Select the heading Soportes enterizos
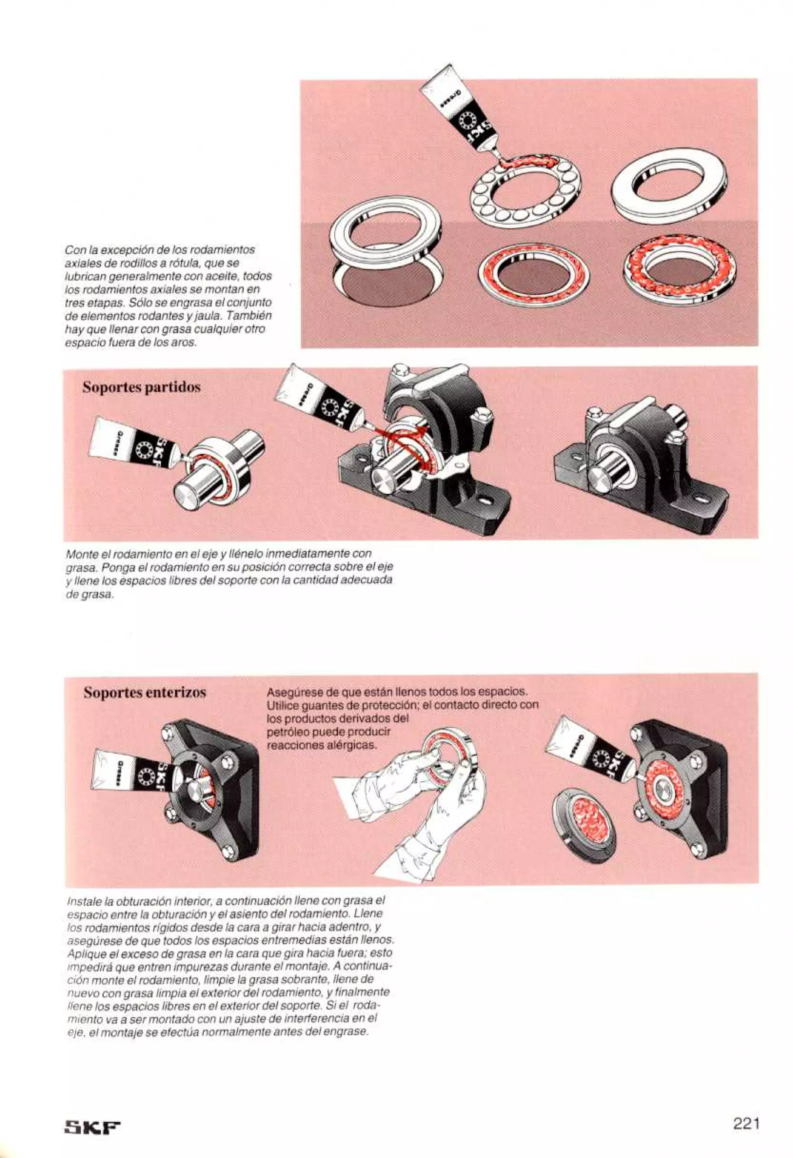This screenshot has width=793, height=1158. pos(144,693)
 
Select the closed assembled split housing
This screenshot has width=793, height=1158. pos(640,471)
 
